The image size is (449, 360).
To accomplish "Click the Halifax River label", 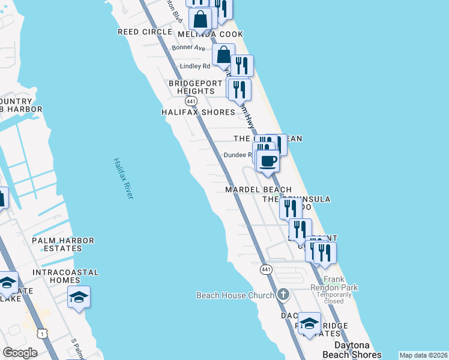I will (x=123, y=179).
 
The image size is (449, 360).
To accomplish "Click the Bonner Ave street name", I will (x=188, y=47).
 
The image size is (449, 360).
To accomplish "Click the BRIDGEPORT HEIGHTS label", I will (x=191, y=87).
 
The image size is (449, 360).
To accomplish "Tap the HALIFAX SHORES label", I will (x=198, y=112).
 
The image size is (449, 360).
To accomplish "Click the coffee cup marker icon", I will (x=268, y=160).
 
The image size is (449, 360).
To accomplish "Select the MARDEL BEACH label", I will (x=258, y=190).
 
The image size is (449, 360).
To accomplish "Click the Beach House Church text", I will (x=229, y=295).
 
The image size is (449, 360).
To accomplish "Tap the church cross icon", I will (x=283, y=295).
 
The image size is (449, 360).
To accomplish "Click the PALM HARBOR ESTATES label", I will (x=63, y=245).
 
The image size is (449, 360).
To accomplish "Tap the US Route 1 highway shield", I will (x=42, y=333).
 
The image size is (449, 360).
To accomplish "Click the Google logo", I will (x=20, y=353).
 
